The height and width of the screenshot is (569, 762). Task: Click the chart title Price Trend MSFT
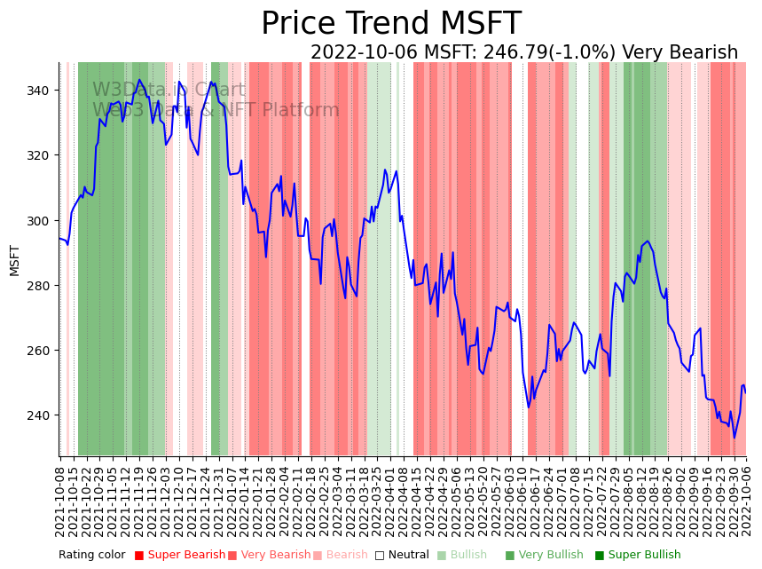pyautogui.click(x=390, y=24)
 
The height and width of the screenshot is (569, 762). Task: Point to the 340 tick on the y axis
pyautogui.click(x=41, y=91)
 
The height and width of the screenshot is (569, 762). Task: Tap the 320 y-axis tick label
pyautogui.click(x=41, y=155)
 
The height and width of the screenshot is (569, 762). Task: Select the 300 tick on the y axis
pyautogui.click(x=41, y=220)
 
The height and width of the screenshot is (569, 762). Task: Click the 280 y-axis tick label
pyautogui.click(x=41, y=285)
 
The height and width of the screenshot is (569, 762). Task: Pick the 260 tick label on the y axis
pyautogui.click(x=41, y=350)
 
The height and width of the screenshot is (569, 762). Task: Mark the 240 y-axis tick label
pyautogui.click(x=41, y=415)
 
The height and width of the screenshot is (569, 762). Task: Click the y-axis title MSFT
pyautogui.click(x=14, y=260)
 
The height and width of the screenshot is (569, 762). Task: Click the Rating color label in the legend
pyautogui.click(x=92, y=556)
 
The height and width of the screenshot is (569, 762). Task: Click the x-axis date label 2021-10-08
pyautogui.click(x=60, y=502)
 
